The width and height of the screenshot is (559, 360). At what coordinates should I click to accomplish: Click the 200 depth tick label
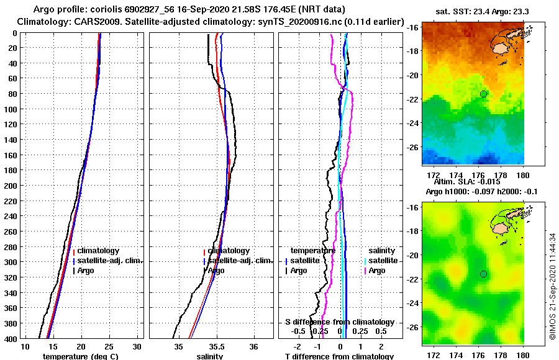coord(11,124)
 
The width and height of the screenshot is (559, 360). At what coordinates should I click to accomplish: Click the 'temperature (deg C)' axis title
coord(80,356)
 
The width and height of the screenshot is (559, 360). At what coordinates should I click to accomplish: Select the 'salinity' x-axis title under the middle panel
coord(209,356)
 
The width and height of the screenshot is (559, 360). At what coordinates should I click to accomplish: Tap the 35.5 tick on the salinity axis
coord(216,346)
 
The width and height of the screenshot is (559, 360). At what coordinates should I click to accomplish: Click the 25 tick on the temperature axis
coord(109,346)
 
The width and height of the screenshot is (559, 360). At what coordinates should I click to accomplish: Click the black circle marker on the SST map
coord(484,94)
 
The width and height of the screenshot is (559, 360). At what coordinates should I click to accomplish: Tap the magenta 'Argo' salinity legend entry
coord(377,271)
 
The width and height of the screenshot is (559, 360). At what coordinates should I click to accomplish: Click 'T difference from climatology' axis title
coord(339,356)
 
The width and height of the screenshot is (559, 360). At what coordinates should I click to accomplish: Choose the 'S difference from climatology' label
coord(339,322)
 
